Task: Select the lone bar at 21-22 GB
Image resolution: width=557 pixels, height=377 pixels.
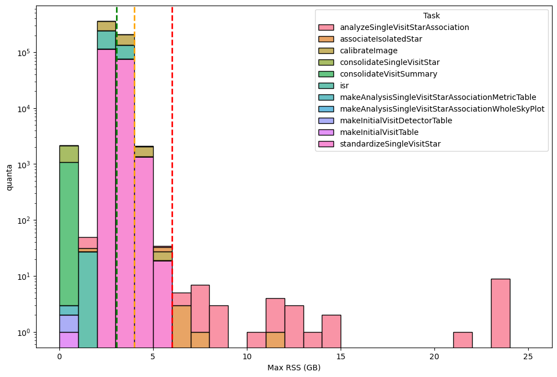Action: coord(463,340)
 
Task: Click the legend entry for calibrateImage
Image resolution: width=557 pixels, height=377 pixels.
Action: coord(368,51)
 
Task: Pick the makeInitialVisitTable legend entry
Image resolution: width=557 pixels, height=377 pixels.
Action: coord(379,132)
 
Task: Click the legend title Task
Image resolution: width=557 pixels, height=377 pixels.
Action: coord(431,16)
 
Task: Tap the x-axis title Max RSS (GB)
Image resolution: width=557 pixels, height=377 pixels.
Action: coord(294,368)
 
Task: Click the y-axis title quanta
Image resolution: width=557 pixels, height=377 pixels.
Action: coord(9,177)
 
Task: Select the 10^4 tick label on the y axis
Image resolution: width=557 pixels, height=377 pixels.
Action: coord(23,109)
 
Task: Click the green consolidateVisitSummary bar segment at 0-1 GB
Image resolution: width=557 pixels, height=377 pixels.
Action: coord(69,233)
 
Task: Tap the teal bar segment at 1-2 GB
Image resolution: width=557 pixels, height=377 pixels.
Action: coord(88,300)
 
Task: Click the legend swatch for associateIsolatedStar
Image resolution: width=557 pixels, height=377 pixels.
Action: coord(326,39)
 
